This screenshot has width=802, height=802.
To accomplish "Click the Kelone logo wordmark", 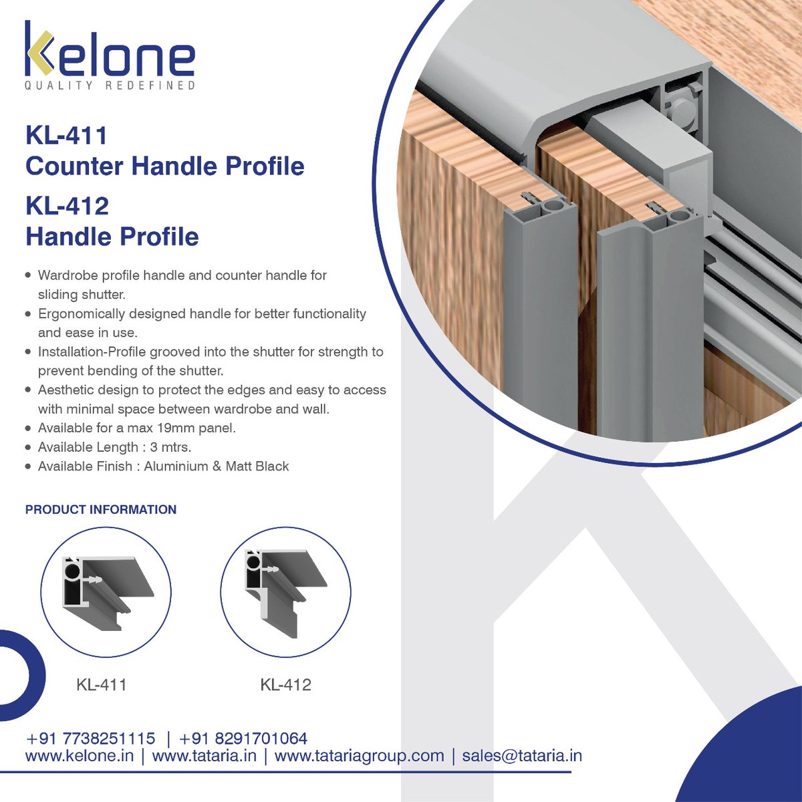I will [110, 52].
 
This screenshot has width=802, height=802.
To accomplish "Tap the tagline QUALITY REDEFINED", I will [110, 86].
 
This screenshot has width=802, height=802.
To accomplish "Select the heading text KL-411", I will [66, 136].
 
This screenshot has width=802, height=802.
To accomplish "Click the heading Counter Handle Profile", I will [164, 166].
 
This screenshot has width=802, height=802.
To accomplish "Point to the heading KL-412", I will [67, 205].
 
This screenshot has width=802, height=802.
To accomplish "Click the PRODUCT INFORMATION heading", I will [101, 509].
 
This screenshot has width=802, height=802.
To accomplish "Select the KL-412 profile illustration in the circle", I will [285, 587].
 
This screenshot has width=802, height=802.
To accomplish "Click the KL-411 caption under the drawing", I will [102, 685].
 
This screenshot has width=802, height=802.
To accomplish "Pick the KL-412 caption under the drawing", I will [285, 685].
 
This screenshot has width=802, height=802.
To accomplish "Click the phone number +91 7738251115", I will [90, 739].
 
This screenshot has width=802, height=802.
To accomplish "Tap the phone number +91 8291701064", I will [243, 739].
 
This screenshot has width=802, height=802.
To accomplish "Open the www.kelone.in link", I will [80, 756].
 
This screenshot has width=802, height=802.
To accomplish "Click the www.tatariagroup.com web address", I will [360, 756].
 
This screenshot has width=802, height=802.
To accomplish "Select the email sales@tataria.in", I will [521, 756].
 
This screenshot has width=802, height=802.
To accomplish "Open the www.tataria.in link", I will [205, 756].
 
